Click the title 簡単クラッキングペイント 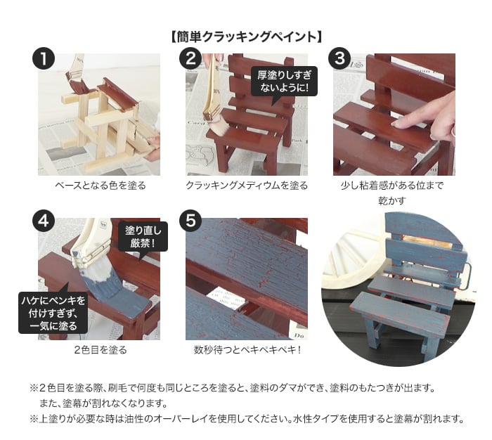247,37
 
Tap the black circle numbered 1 44,58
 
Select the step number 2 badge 190,58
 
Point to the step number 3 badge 339,58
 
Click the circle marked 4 44,221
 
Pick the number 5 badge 190,221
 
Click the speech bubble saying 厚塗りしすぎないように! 284,82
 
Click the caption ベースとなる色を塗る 101,186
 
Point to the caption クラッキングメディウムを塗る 247,186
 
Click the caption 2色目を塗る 101,349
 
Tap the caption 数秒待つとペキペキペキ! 247,349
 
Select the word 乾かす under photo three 392,200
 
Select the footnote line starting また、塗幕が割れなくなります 103,403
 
